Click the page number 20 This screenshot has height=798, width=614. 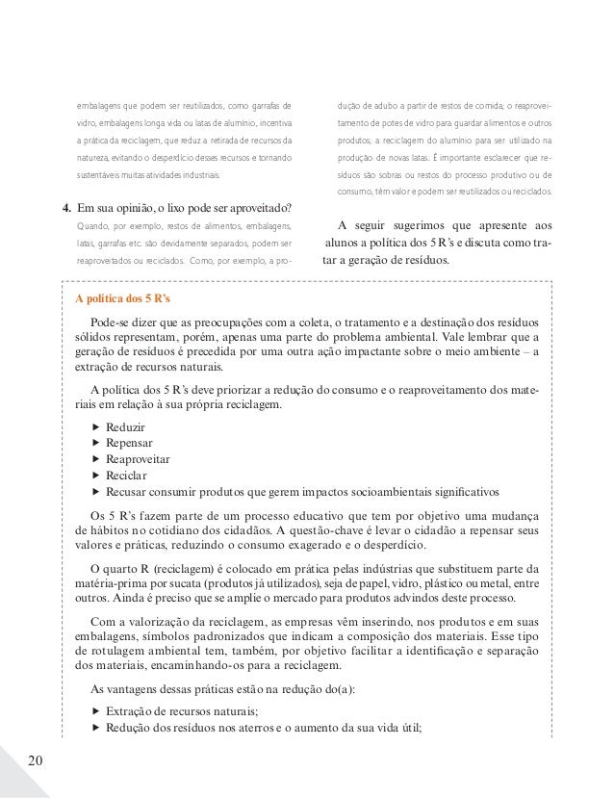pyautogui.click(x=36, y=761)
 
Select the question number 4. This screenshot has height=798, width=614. pyautogui.click(x=65, y=207)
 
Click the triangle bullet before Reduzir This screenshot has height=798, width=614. pyautogui.click(x=95, y=426)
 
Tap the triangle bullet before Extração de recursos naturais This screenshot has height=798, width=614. pyautogui.click(x=95, y=710)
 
